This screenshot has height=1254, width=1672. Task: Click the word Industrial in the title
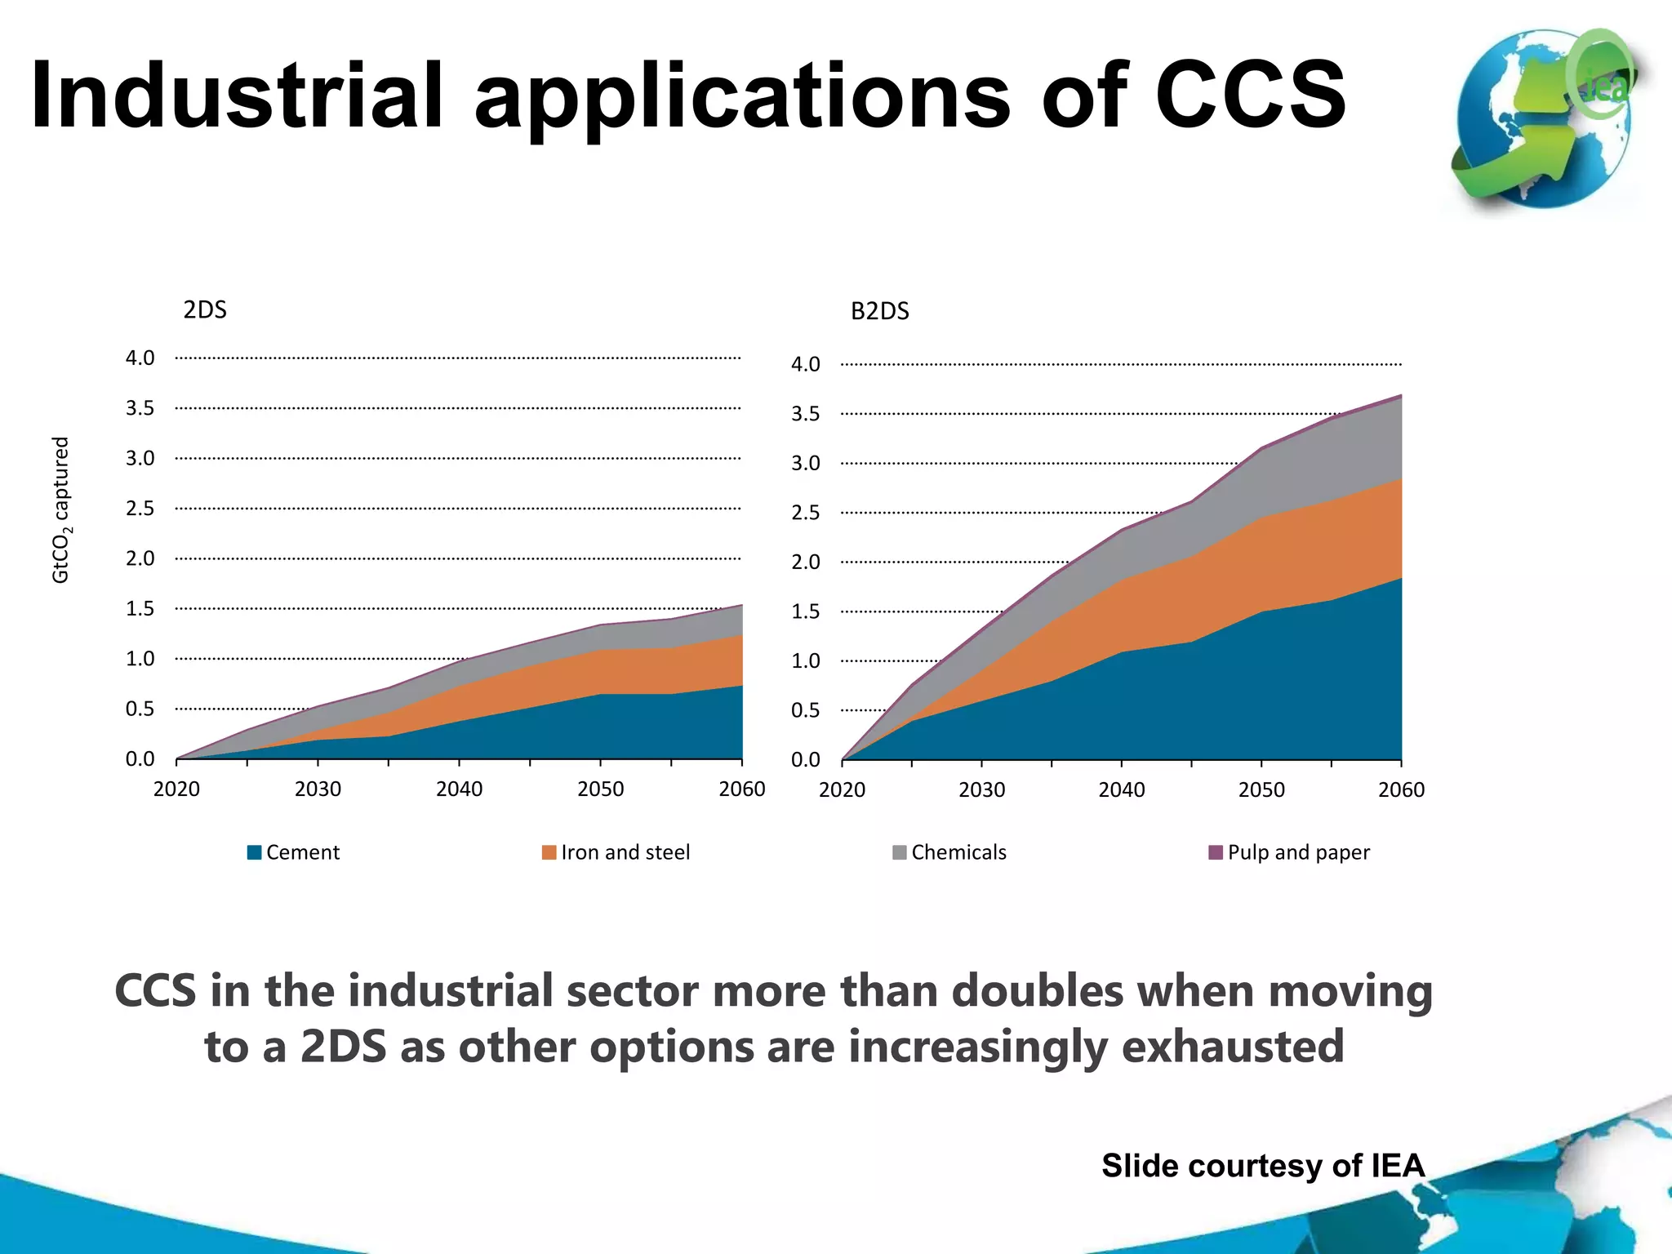pos(237,96)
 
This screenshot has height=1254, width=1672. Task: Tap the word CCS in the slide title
pos(1249,96)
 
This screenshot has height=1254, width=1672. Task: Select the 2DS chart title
pos(204,310)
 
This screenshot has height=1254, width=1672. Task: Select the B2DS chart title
pos(879,312)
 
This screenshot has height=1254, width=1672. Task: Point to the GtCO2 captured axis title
pos(61,510)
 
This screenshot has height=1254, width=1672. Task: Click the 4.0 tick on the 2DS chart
pos(140,358)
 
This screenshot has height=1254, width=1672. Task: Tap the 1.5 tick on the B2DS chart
pos(805,612)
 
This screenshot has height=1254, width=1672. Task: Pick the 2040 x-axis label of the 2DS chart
pos(459,789)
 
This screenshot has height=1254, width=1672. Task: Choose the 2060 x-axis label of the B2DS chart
pos(1401,790)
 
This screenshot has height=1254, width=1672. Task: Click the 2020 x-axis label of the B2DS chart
pos(842,790)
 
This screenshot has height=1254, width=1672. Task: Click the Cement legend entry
pos(294,852)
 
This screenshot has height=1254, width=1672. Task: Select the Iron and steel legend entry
pos(616,852)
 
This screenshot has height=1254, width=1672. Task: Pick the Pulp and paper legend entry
pos(1289,852)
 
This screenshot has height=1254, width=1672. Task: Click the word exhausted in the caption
pos(1232,1047)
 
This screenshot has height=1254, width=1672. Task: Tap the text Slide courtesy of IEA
pos(1263,1166)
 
